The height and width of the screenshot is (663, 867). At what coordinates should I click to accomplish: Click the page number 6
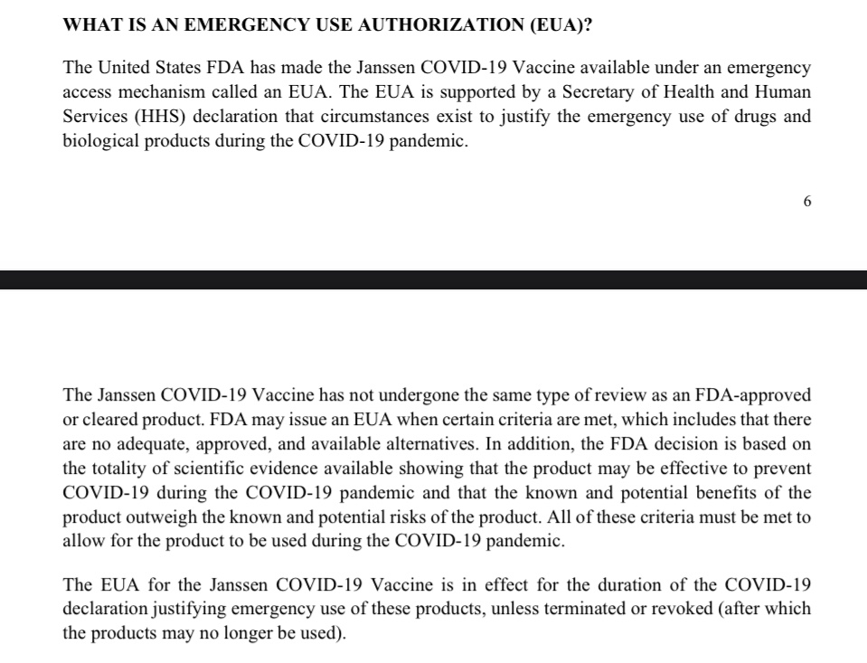click(806, 202)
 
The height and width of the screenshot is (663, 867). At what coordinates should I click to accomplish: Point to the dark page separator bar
click(433, 279)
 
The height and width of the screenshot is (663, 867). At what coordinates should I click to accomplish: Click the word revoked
click(672, 609)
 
